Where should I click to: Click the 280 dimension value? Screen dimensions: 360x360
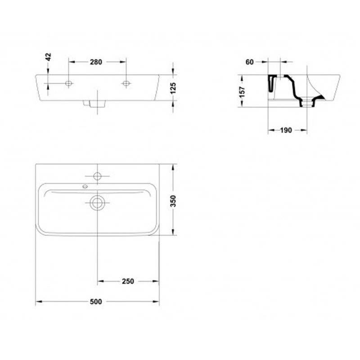[96, 62]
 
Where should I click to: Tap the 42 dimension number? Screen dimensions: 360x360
[48, 57]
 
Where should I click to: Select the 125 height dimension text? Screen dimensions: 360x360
[173, 88]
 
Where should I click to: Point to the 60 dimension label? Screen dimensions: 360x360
[250, 62]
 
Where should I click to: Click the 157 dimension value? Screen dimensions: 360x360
[243, 92]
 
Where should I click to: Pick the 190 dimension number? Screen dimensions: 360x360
[286, 130]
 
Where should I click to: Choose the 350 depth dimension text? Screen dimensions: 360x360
[173, 201]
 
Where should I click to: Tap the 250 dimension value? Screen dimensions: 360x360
[128, 281]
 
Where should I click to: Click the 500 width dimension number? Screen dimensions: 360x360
[96, 301]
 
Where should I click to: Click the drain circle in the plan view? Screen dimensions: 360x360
[97, 203]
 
